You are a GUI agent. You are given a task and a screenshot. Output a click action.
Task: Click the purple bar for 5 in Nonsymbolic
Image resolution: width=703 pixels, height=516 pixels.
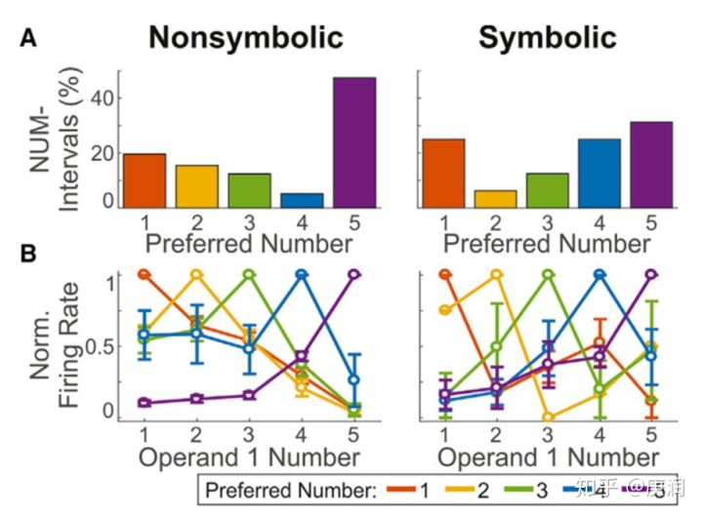354,142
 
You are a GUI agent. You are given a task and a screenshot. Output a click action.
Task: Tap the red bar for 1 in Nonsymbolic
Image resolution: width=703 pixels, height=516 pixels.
144,180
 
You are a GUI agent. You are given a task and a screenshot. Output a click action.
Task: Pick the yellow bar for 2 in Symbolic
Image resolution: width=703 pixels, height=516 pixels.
495,198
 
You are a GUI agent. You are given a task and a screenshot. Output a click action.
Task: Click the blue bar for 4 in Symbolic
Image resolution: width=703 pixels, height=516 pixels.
599,173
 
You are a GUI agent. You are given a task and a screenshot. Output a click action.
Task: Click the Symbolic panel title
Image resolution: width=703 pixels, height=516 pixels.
547,38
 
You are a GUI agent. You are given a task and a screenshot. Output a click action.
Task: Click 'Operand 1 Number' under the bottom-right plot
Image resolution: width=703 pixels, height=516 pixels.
547,456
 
